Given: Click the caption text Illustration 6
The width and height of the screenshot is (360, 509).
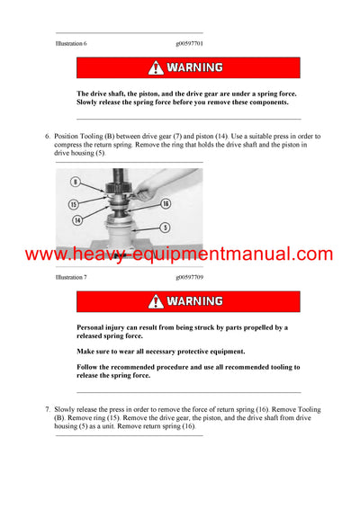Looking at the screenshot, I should (71, 43).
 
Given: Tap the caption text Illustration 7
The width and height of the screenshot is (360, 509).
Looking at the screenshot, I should (71, 278).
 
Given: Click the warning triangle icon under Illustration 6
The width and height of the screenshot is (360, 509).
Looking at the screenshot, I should (157, 67).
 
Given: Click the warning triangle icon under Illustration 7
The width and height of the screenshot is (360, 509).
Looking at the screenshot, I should (157, 301).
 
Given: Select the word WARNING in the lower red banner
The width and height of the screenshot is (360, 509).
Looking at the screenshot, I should (195, 301).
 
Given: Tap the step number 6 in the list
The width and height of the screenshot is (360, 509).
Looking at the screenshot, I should (48, 137).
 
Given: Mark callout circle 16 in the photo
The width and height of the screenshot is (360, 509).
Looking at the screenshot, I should (166, 204).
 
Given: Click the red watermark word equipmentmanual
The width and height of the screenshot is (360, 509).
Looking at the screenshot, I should (243, 254).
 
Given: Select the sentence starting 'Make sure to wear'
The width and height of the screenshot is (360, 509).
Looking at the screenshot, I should (160, 352).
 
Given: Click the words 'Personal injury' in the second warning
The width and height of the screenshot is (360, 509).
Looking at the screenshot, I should (100, 328).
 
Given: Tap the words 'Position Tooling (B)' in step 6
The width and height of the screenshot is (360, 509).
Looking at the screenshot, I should (86, 137).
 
